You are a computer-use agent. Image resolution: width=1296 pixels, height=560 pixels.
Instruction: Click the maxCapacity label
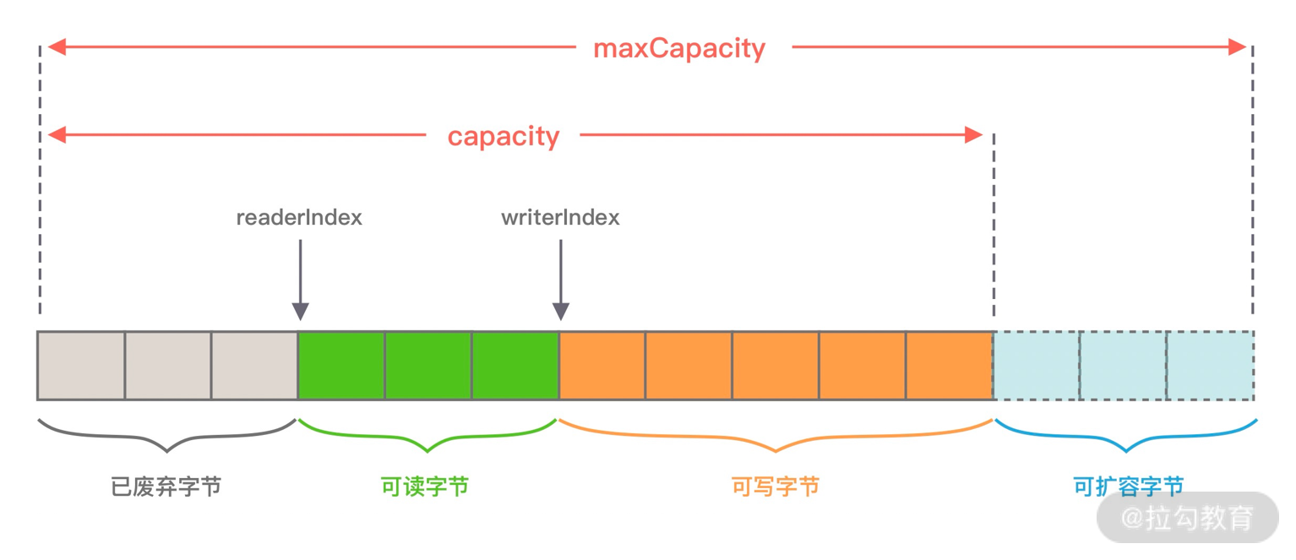point(679,48)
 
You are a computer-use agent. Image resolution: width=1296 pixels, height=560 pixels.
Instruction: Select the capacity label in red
point(504,136)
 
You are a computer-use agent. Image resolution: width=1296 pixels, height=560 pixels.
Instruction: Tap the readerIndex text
point(299,217)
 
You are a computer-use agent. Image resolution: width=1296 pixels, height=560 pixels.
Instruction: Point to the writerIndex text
point(560,217)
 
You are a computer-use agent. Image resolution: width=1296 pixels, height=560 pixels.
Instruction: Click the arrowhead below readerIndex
point(300,311)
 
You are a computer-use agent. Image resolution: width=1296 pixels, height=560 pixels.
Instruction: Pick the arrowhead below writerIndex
point(560,311)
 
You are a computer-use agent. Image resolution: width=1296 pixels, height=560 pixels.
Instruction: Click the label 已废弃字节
point(166,487)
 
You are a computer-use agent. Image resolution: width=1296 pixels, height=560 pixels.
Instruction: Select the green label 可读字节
point(425,487)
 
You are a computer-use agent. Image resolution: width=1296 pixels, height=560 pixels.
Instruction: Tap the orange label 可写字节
point(776,487)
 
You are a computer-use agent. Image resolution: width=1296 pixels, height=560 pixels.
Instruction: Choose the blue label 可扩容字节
point(1128,487)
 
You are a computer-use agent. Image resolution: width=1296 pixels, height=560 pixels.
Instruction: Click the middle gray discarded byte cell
point(168,366)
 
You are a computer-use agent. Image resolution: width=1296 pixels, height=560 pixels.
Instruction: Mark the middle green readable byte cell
point(428,366)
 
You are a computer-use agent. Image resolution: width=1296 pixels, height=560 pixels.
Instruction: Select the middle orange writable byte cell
point(775,366)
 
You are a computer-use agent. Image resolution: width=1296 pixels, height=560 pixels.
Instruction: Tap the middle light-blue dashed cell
point(1123,366)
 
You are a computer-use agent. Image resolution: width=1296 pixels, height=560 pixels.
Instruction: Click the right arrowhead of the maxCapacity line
point(1238,47)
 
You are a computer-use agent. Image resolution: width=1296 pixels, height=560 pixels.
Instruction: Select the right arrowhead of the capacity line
point(974,135)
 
